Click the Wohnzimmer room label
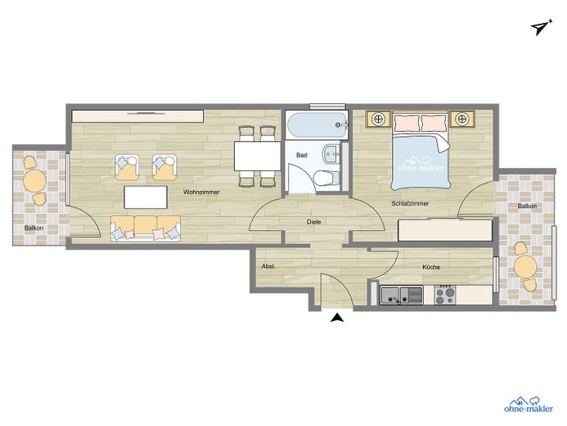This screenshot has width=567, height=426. click(x=201, y=192)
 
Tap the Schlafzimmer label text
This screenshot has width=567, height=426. click(x=410, y=203)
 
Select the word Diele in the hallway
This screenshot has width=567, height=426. click(x=313, y=222)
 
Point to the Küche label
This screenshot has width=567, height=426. click(x=431, y=267)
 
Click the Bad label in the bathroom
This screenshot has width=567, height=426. click(x=302, y=156)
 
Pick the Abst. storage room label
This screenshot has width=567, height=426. click(x=268, y=266)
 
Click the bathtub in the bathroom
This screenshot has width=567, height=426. click(x=317, y=125)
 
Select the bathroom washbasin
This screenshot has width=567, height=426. click(x=331, y=155)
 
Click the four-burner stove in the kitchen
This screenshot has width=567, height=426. click(x=444, y=295)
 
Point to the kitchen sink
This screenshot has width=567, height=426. click(x=402, y=295)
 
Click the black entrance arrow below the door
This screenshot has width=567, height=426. click(x=337, y=318)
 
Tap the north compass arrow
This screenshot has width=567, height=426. click(x=541, y=27)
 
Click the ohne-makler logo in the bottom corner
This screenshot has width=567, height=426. click(x=528, y=404)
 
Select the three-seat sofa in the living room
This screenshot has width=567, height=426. click(x=146, y=229)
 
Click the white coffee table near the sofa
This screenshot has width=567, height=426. click(x=146, y=197)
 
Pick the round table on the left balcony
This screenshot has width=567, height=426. click(x=34, y=180)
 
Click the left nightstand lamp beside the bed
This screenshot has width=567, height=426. click(x=378, y=119)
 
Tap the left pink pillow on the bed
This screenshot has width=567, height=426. click(x=407, y=123)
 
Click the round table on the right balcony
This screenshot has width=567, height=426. click(x=525, y=267)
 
